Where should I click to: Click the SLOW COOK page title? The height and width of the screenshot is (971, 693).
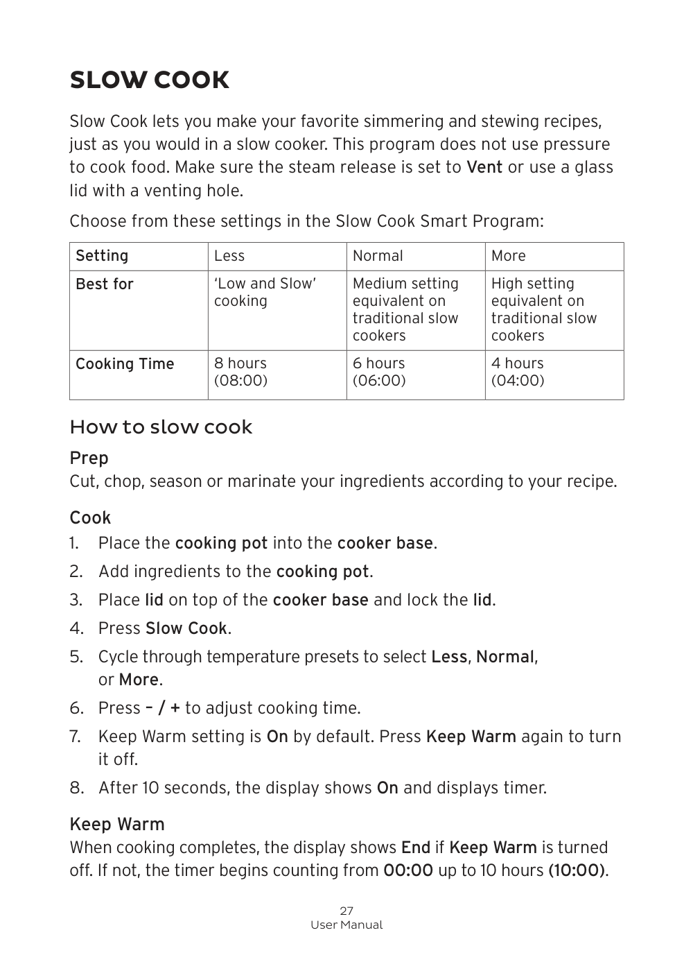coord(149,80)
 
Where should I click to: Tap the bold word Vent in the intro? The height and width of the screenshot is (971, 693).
coord(484,167)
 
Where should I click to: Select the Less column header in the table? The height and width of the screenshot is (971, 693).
coord(229,256)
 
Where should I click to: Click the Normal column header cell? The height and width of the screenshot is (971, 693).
coord(378,256)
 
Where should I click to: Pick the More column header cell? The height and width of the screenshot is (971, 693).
coord(509,256)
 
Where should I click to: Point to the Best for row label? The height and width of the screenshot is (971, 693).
coord(105,284)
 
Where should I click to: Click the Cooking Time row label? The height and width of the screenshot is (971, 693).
coord(125,364)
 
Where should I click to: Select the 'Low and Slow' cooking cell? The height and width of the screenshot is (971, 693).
coord(265,292)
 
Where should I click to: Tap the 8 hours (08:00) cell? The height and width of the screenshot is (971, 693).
coord(240,372)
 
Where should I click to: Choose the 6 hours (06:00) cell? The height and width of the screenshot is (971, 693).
coord(379,372)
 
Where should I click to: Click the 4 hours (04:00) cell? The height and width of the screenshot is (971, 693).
coord(518,372)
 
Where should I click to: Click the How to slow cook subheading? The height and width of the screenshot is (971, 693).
coord(161,427)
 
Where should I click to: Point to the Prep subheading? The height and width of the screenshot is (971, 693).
coord(89,458)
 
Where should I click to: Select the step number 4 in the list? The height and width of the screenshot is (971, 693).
coord(76,628)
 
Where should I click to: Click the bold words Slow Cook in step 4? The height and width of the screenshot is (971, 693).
coord(186,628)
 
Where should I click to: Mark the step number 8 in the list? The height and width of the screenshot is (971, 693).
coord(76,788)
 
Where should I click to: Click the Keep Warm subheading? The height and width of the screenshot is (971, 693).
coord(117,825)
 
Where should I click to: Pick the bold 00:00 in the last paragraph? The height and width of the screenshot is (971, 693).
coord(407,870)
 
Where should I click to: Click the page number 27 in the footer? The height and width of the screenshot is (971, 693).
coord(346,911)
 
